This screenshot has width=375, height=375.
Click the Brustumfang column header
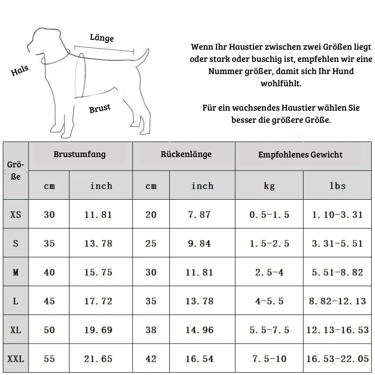[x=80, y=154]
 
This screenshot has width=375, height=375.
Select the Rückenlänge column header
[x=186, y=154]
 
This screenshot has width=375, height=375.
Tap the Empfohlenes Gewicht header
[x=300, y=154]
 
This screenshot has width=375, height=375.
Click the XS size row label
[x=15, y=215]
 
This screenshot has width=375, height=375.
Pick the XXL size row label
[x=15, y=359]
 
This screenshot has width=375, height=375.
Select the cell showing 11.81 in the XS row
[x=98, y=215]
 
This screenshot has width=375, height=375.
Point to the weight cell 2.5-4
[x=269, y=272]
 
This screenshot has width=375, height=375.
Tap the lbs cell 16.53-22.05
[x=337, y=359]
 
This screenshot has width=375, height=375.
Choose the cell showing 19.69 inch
[x=98, y=330]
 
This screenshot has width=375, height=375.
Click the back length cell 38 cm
[x=151, y=330]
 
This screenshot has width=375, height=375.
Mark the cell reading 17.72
[x=98, y=301]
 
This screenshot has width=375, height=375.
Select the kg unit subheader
[x=269, y=186]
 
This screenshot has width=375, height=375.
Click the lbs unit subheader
[x=337, y=186]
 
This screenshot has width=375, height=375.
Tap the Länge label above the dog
[x=102, y=37]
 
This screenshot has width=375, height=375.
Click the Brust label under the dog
[x=100, y=108]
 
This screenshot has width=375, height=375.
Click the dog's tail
[x=142, y=59]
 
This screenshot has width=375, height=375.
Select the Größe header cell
[x=15, y=171]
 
